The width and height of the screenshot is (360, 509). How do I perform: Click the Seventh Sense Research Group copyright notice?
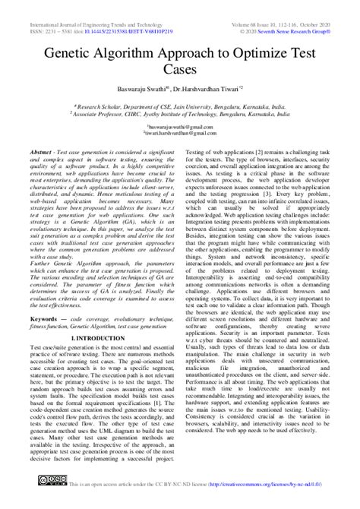296,14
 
